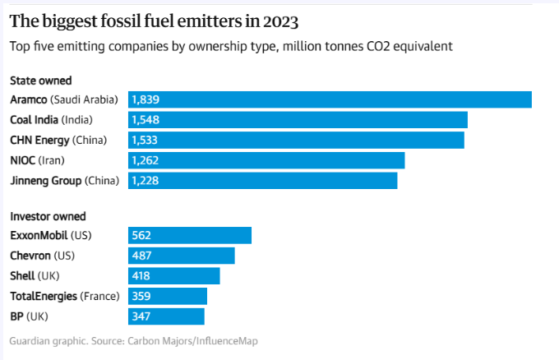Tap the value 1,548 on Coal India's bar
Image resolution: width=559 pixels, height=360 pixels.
(145, 120)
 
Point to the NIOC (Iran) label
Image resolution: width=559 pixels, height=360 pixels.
(37, 160)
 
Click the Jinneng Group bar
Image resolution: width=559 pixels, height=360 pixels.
(263, 180)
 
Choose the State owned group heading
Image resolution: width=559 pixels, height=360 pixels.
(40, 81)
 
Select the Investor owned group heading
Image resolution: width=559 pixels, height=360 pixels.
(48, 216)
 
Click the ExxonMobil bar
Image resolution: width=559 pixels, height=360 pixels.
(190, 236)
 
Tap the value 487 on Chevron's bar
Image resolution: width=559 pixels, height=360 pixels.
(142, 256)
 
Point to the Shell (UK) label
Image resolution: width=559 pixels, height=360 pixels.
(35, 275)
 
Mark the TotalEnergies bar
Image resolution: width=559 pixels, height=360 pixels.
(168, 296)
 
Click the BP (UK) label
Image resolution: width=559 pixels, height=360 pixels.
(29, 316)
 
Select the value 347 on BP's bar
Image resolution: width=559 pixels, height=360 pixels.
(142, 316)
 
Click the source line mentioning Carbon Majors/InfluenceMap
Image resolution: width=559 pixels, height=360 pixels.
(139, 340)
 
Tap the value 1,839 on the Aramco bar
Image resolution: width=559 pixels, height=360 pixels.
(145, 99)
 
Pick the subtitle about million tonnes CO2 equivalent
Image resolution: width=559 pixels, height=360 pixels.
(231, 47)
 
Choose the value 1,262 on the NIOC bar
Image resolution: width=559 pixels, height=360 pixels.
(145, 160)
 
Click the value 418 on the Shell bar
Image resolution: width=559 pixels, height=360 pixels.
(142, 275)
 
